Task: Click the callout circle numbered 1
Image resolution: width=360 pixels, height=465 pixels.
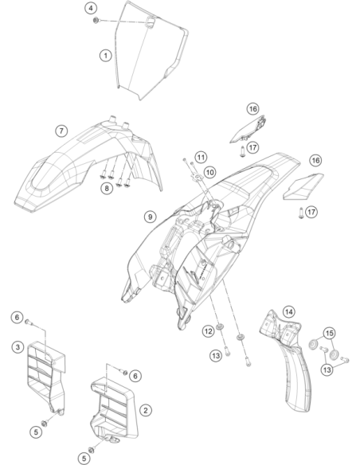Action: [x=106, y=56]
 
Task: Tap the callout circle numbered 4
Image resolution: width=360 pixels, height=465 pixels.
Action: [x=91, y=8]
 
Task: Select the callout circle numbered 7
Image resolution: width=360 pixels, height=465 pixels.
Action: [x=61, y=131]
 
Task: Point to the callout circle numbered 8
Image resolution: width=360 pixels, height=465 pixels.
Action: [x=107, y=188]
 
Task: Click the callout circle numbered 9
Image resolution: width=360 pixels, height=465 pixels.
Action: [x=151, y=217]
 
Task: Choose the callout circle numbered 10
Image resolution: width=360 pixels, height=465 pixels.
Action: [x=210, y=172]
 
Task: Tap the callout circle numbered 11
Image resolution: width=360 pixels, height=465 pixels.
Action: [x=201, y=157]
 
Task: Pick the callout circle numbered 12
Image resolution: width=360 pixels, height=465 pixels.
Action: [x=208, y=330]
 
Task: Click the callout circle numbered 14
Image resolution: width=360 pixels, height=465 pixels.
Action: [x=289, y=311]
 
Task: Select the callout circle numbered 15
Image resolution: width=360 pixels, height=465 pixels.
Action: [x=330, y=334]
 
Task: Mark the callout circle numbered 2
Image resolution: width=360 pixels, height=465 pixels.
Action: [x=145, y=410]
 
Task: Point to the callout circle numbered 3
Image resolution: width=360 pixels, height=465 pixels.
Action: [x=18, y=347]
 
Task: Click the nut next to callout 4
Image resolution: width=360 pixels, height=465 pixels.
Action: [x=96, y=21]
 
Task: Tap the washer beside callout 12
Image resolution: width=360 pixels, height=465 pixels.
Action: [x=220, y=326]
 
